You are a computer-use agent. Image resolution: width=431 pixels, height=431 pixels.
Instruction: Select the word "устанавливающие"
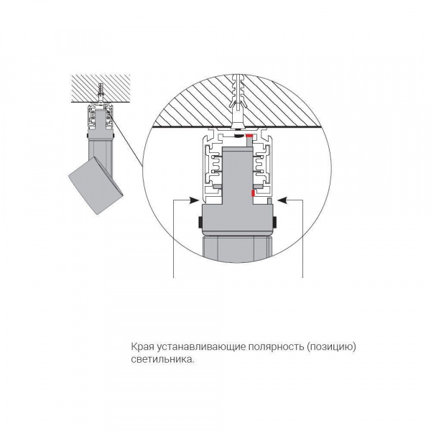click(201, 347)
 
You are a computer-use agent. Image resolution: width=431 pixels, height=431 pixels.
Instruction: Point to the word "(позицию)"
click(330, 347)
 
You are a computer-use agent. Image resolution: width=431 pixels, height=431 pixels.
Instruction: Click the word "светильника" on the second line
click(161, 359)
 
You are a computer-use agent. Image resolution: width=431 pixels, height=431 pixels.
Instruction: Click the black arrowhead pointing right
click(194, 200)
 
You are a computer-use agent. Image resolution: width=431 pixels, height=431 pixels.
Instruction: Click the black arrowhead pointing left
click(282, 200)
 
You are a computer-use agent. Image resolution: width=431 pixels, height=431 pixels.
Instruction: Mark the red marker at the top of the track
click(249, 136)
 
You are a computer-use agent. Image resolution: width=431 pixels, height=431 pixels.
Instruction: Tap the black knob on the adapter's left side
click(200, 222)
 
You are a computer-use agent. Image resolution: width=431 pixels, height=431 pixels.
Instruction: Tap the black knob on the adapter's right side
click(274, 222)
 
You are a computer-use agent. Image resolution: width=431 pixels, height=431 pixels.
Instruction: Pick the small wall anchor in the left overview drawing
click(101, 93)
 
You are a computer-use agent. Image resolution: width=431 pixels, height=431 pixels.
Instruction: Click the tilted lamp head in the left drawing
click(96, 185)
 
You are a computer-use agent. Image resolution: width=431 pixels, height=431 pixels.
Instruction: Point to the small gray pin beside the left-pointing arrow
click(269, 201)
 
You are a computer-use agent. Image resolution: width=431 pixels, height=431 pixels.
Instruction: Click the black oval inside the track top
click(238, 136)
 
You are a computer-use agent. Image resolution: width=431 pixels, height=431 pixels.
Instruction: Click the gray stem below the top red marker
click(249, 142)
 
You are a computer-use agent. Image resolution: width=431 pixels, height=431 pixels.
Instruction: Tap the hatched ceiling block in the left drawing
click(101, 88)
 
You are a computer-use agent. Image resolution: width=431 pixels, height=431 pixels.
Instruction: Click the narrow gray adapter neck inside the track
click(238, 175)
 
